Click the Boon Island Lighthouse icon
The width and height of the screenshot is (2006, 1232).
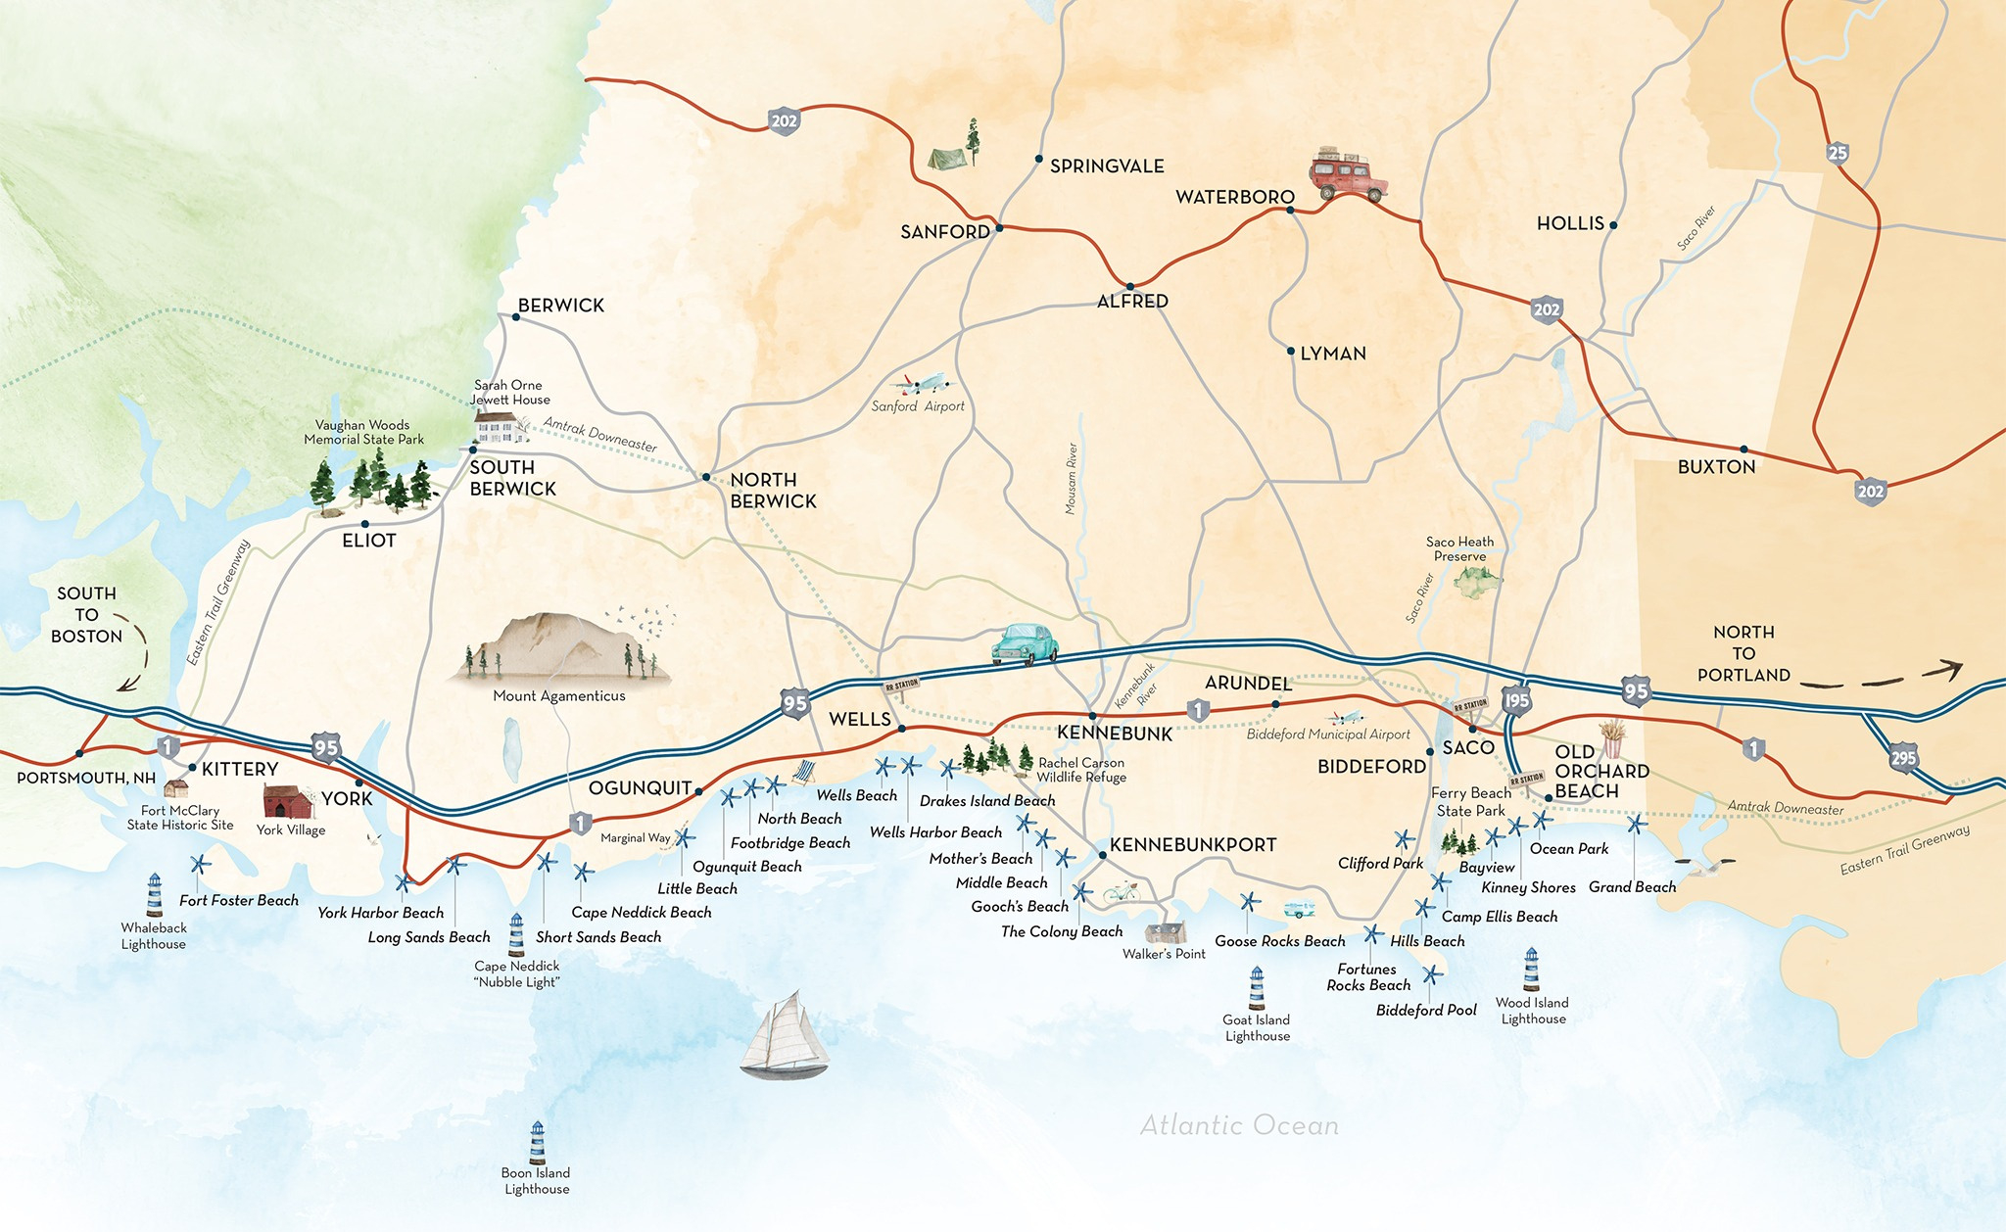click(537, 1142)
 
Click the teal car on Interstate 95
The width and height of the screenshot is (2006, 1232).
click(1026, 644)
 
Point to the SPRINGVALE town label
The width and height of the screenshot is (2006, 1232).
click(1107, 166)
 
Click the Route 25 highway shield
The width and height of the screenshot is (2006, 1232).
click(1838, 153)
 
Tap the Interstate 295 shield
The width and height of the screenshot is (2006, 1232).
click(1903, 758)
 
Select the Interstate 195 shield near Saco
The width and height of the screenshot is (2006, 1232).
click(1516, 700)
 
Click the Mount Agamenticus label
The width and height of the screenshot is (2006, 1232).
click(558, 696)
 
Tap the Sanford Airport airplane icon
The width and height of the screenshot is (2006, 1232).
click(924, 383)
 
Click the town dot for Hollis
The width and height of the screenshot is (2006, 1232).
click(1613, 225)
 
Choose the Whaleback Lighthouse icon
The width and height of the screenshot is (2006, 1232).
click(154, 895)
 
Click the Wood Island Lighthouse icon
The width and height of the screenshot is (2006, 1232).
click(1531, 970)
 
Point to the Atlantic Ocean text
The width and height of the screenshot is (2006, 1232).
click(1239, 1125)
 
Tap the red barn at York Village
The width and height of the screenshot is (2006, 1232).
click(287, 801)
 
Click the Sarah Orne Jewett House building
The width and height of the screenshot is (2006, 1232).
click(497, 427)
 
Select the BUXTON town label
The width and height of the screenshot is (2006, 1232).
click(1716, 467)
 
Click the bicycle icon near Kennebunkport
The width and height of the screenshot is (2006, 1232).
click(1122, 893)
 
